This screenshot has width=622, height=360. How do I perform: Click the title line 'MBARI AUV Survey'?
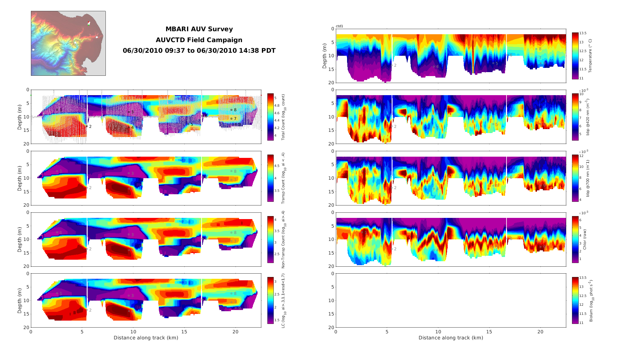[199, 29]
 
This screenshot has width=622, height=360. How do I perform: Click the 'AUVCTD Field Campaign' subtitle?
[199, 40]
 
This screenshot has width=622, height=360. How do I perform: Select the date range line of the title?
[199, 51]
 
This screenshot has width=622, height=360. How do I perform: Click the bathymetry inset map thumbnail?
[68, 43]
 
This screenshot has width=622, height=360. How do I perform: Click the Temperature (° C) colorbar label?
[590, 56]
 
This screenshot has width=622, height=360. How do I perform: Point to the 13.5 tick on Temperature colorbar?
[583, 33]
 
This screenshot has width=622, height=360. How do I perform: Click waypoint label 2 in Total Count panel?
[90, 127]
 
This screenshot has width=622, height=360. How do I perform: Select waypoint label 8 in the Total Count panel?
[235, 110]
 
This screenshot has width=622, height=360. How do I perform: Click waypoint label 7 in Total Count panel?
[235, 119]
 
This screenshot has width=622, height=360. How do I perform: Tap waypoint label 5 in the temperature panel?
[497, 64]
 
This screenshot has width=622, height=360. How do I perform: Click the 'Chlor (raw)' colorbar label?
[585, 239]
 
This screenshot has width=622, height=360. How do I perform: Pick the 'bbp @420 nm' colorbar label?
[587, 117]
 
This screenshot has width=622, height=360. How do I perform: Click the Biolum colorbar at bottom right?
[575, 300]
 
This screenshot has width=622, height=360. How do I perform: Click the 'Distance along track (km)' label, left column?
[146, 338]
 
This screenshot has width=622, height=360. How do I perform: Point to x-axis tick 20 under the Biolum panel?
[540, 332]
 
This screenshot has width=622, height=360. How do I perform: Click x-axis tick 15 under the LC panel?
[184, 332]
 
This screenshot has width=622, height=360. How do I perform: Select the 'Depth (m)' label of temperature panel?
[325, 56]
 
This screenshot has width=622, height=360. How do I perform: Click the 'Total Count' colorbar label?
[283, 117]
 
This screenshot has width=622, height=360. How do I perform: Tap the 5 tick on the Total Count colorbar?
[275, 98]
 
